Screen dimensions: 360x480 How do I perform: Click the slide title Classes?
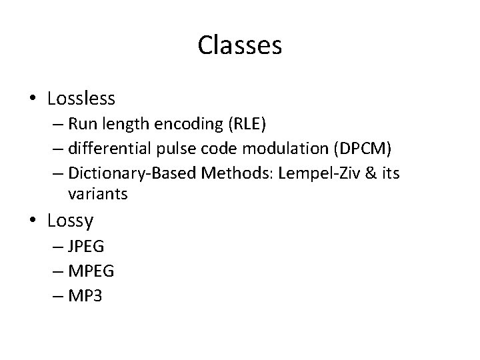pos(240,46)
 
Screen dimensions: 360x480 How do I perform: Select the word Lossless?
pos(81,99)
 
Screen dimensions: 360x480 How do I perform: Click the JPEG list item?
pos(86,247)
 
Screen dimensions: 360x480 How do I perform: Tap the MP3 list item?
pos(85,295)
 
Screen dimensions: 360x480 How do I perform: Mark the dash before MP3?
pos(57,295)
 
